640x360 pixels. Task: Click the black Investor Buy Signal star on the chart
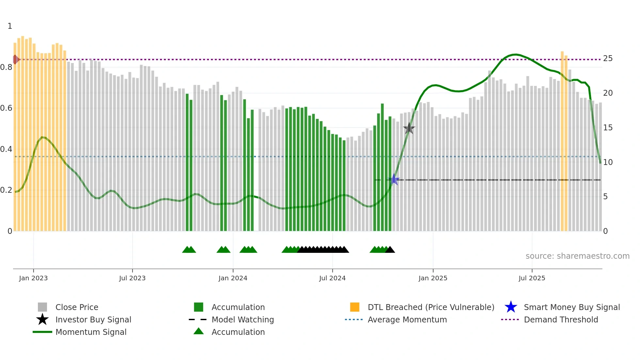click(409, 128)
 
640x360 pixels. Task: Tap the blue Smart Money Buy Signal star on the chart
click(394, 179)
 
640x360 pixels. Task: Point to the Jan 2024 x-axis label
click(233, 278)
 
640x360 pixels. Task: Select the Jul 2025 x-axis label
click(532, 278)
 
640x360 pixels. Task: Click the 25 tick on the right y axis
click(608, 58)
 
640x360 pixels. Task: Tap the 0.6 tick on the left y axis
click(6, 108)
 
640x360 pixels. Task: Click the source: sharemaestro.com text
click(577, 256)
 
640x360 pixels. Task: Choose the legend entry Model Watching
click(243, 319)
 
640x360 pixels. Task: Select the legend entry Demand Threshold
click(561, 319)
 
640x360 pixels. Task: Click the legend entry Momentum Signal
click(91, 332)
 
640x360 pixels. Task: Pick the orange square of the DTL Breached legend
click(355, 307)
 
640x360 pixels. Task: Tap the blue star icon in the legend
click(511, 307)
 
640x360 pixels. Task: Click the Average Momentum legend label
click(407, 319)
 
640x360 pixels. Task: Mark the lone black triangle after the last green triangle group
click(390, 250)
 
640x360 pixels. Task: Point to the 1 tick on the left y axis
click(10, 26)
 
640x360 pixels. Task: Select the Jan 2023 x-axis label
click(33, 278)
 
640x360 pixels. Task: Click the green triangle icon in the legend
click(199, 331)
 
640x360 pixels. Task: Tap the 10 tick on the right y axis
click(608, 162)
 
